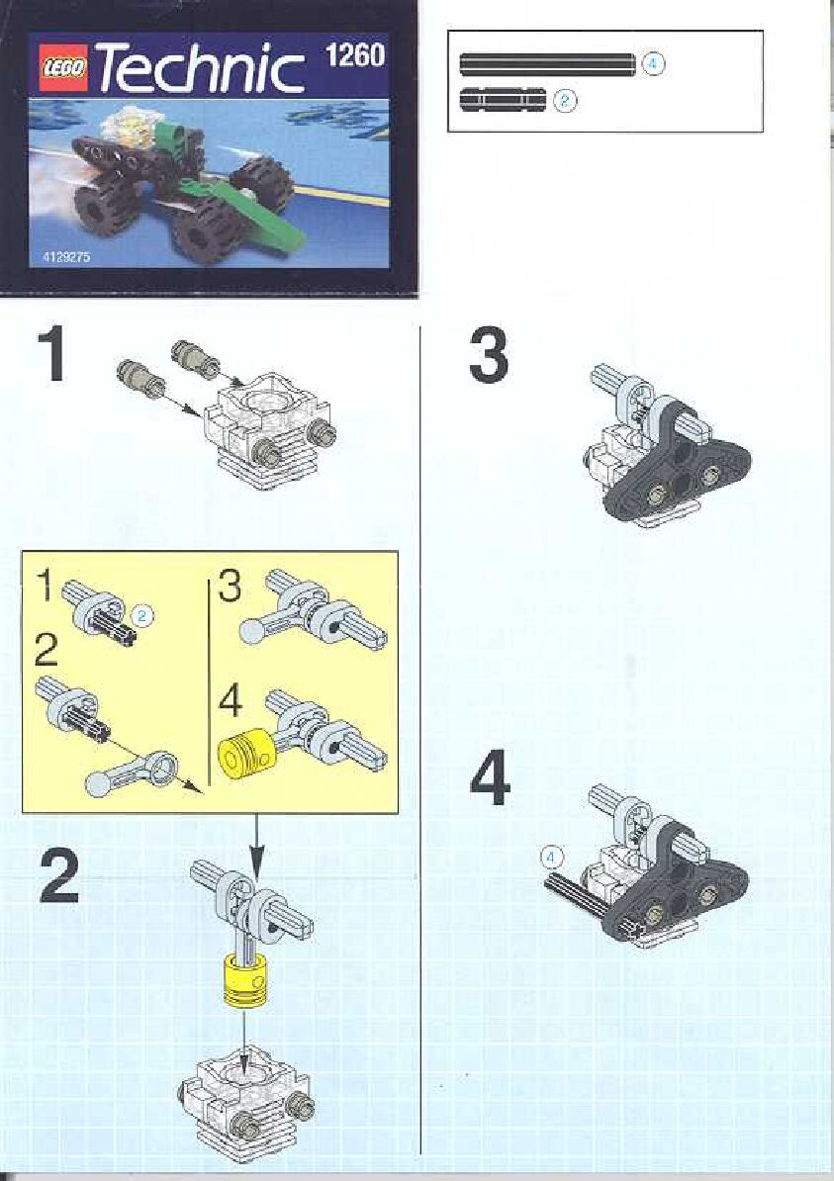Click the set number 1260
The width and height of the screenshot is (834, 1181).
(x=355, y=54)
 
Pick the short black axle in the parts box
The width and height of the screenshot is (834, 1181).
(x=503, y=99)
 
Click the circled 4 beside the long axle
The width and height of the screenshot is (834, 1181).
(x=653, y=63)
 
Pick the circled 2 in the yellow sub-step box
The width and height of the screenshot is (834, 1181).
(x=143, y=615)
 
